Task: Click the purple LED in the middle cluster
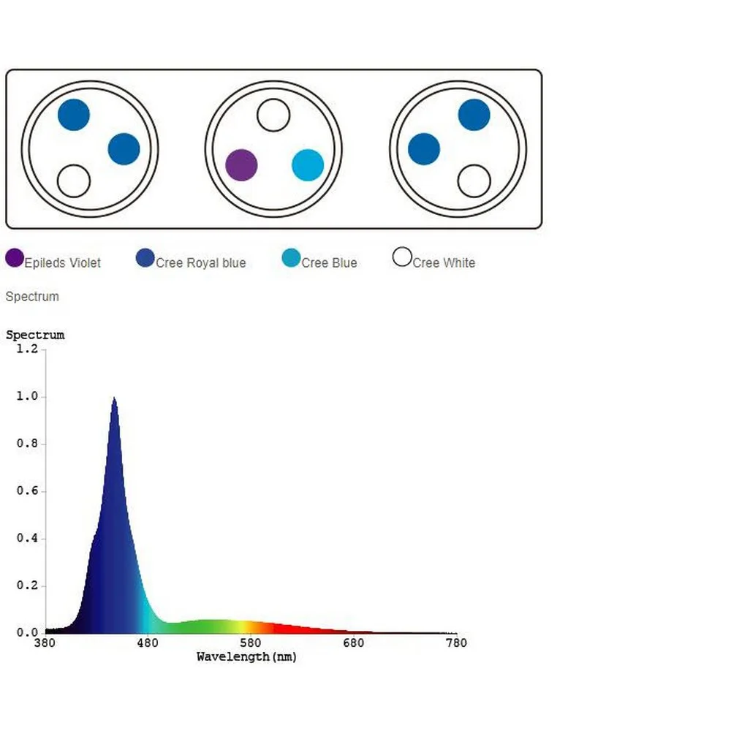(241, 164)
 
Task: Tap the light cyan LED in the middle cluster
(308, 164)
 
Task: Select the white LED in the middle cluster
(273, 115)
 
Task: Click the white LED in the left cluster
(74, 181)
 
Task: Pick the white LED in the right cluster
(474, 181)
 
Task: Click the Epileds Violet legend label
(63, 263)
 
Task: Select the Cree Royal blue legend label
(201, 263)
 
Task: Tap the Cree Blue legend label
(329, 263)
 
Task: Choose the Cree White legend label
(444, 263)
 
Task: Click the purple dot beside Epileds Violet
(15, 257)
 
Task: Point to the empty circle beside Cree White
(402, 257)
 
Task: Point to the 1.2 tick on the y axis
(27, 349)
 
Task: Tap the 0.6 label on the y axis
(27, 491)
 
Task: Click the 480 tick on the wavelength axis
(148, 643)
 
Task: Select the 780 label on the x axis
(456, 643)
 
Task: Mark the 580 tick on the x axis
(251, 643)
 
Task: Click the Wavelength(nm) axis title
(247, 656)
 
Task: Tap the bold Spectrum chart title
(35, 335)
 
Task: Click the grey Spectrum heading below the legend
(32, 297)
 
